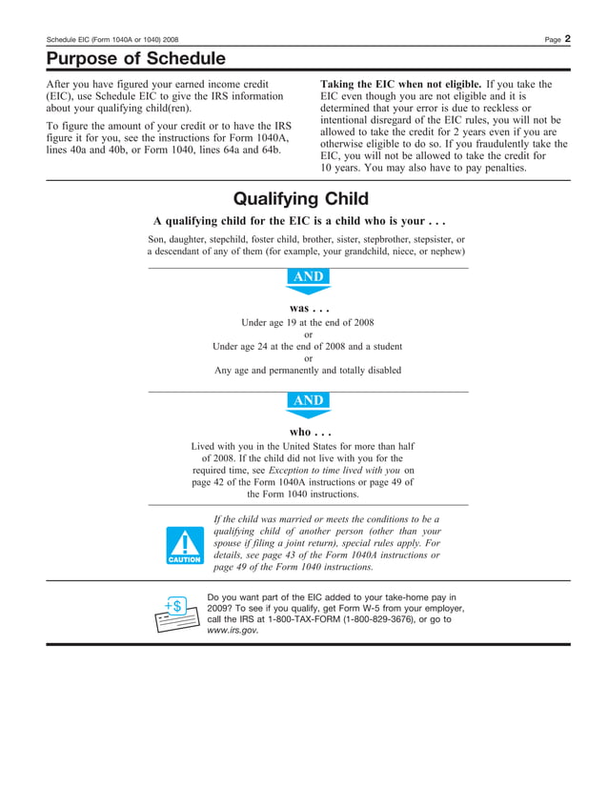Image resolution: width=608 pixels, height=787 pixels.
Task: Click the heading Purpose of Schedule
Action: (136, 59)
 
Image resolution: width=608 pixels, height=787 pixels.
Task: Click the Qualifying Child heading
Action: (301, 199)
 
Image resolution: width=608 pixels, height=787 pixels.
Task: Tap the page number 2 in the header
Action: (566, 38)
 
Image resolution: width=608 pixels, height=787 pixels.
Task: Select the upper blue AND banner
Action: (308, 278)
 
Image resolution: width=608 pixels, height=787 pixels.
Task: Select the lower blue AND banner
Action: (308, 402)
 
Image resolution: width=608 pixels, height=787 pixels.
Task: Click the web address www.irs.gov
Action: (233, 631)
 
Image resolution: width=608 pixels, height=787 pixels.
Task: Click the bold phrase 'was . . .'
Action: (308, 309)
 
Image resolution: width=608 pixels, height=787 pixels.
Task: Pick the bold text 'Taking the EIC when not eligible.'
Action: (400, 84)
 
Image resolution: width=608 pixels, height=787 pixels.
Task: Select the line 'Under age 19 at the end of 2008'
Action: (308, 323)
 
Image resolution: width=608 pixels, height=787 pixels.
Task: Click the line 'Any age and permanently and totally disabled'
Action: (308, 370)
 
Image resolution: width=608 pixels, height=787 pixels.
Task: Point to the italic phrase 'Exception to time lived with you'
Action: (334, 470)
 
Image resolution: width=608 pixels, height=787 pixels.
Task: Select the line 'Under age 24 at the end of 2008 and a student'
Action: (308, 347)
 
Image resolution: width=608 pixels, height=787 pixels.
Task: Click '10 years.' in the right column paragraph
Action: (342, 168)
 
